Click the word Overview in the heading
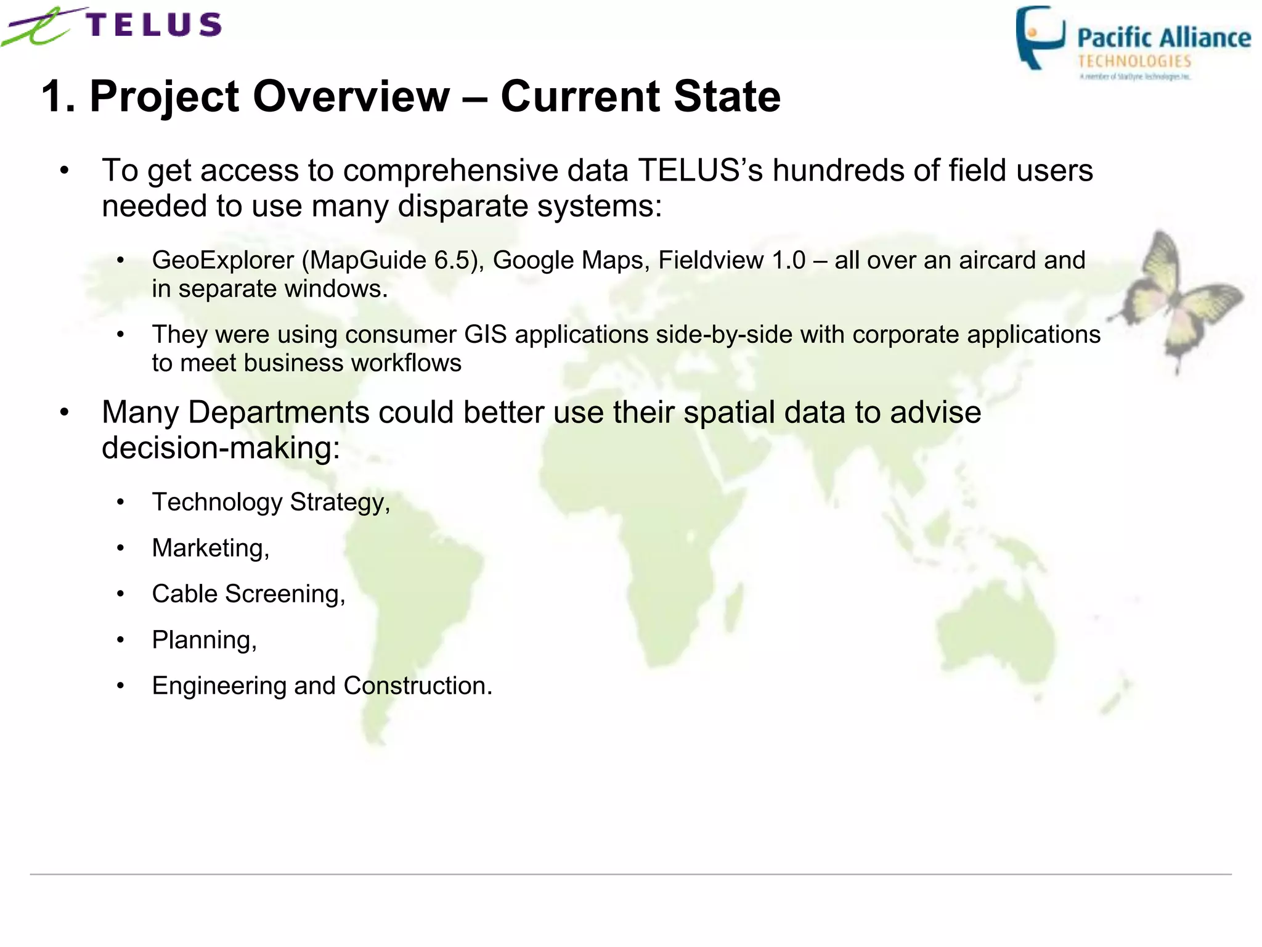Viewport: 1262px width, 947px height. click(351, 97)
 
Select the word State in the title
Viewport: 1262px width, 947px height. click(727, 97)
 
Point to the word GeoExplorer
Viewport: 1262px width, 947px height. click(223, 260)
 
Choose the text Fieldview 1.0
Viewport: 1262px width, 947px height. click(731, 260)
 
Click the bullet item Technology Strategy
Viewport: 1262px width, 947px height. click(271, 502)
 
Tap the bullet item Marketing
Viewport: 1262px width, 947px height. click(210, 548)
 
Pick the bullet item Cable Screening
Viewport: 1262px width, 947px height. click(248, 594)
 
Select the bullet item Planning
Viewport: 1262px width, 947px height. click(204, 640)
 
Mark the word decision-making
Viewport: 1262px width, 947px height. click(221, 448)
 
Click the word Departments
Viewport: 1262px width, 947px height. click(278, 412)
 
